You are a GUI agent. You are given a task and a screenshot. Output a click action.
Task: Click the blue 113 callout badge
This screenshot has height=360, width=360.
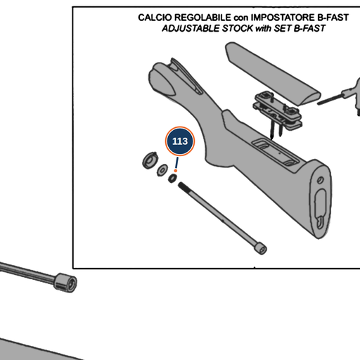click(180, 141)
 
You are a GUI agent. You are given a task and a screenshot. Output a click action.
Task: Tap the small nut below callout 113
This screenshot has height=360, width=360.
click(172, 179)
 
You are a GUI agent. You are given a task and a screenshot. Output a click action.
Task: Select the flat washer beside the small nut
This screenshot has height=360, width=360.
click(162, 169)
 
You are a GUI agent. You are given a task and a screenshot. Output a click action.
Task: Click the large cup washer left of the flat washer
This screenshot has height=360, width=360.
click(150, 160)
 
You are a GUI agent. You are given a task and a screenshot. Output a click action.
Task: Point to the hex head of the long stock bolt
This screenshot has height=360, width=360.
click(261, 248)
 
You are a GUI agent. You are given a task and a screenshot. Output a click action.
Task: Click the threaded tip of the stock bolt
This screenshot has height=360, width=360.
click(182, 186)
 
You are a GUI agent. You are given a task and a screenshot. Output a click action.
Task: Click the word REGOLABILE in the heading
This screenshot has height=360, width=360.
click(202, 18)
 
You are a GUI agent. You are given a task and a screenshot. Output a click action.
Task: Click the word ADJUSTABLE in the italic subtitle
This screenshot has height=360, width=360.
click(191, 29)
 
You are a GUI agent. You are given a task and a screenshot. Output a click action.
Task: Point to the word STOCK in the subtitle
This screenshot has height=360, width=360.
click(238, 29)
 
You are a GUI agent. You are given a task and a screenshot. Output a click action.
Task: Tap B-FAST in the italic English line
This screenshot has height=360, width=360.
click(309, 29)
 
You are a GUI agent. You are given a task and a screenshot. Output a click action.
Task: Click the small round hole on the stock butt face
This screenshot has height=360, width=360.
click(320, 180)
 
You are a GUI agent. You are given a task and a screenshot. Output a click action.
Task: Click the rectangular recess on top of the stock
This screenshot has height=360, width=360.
click(276, 152)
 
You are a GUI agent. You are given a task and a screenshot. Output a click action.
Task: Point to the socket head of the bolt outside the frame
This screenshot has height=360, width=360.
click(65, 283)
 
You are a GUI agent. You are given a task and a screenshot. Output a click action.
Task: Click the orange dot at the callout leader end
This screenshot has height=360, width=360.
click(176, 171)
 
